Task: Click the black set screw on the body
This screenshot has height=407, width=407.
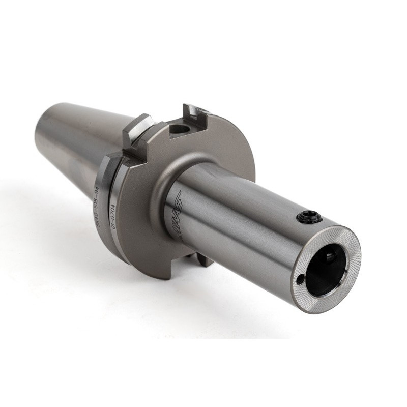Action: (309, 218)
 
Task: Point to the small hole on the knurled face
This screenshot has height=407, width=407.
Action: (301, 278)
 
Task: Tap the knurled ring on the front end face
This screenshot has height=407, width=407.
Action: (351, 254)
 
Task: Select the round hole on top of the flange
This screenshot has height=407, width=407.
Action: (179, 129)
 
